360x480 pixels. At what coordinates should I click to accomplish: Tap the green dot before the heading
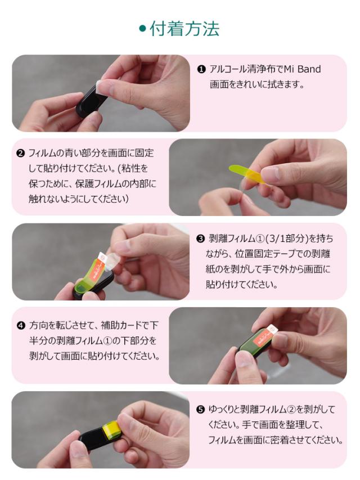click(143, 29)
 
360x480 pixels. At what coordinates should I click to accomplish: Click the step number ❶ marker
click(201, 70)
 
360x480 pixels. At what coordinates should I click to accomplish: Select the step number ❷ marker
click(20, 153)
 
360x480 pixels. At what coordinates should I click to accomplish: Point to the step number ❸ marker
click(200, 238)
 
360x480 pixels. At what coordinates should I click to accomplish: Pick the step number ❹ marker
click(20, 326)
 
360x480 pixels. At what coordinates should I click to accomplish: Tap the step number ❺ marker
click(200, 410)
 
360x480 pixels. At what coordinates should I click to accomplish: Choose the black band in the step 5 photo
click(84, 439)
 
